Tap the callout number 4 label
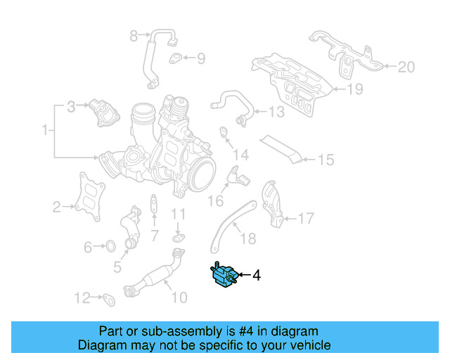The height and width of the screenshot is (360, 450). tap(256, 276)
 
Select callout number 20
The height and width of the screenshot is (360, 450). tap(406, 67)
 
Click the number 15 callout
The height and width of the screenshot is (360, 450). tap(326, 160)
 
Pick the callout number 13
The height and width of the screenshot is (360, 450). tap(276, 111)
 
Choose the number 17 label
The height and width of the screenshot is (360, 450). tap(306, 219)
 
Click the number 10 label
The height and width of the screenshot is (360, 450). tap(179, 297)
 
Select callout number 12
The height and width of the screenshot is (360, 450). tap(82, 297)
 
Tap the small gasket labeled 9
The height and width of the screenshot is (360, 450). tap(176, 58)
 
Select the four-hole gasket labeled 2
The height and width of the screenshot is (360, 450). tap(88, 199)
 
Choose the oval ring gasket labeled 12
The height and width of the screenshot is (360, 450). tap(109, 300)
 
